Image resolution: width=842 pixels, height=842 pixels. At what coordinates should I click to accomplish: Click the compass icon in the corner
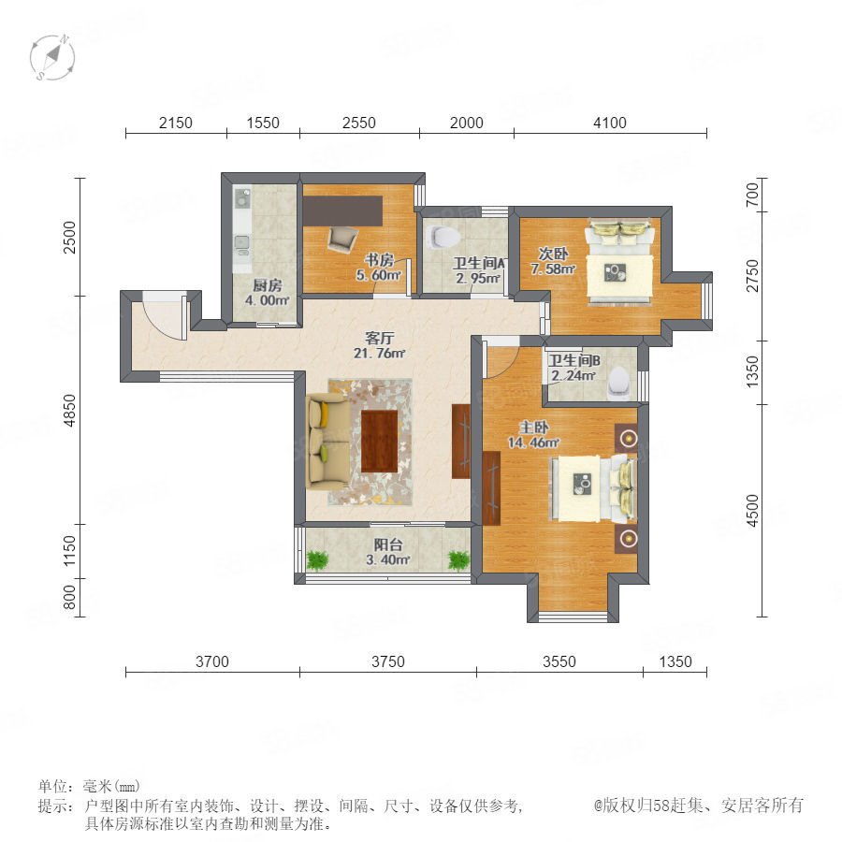[52, 57]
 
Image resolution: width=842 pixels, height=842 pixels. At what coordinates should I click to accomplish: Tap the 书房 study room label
[379, 260]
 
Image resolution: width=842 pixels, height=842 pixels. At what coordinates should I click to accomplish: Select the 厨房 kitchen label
[267, 285]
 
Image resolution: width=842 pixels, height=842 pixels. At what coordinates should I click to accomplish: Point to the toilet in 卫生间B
[618, 383]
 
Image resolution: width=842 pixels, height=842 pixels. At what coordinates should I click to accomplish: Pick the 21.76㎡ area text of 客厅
[379, 354]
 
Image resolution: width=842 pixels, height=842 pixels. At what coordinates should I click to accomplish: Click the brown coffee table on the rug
[379, 441]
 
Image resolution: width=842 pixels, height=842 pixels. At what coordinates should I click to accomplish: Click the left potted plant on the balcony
[317, 560]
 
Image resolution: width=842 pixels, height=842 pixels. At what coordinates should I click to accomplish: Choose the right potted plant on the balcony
[458, 560]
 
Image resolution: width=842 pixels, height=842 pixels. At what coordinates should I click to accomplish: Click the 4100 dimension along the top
[609, 123]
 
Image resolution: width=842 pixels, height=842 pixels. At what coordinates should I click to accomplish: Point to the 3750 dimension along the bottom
[387, 661]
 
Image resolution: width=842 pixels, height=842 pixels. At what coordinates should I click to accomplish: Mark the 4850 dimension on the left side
[70, 411]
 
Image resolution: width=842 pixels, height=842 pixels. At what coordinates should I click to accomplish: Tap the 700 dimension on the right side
[753, 195]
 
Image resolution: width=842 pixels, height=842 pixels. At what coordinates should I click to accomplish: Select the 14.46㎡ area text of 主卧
[533, 443]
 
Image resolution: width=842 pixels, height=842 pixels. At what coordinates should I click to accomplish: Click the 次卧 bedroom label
[553, 253]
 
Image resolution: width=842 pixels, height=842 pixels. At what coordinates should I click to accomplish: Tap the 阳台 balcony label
[387, 544]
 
